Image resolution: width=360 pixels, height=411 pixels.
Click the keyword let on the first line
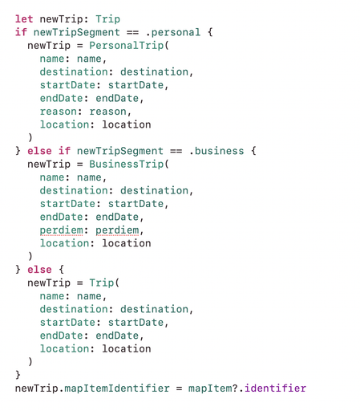pyautogui.click(x=24, y=19)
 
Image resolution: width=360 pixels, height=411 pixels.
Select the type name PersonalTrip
pyautogui.click(x=126, y=46)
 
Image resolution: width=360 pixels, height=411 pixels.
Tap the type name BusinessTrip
pyautogui.click(x=126, y=164)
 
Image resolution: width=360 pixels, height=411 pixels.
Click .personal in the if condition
pyautogui.click(x=173, y=32)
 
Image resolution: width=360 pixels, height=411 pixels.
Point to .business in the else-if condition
pyautogui.click(x=216, y=151)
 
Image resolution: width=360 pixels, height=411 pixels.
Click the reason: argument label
pyautogui.click(x=61, y=112)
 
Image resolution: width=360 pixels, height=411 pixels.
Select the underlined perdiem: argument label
pyautogui.click(x=63, y=230)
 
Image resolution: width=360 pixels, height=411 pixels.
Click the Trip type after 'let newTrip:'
pyautogui.click(x=107, y=19)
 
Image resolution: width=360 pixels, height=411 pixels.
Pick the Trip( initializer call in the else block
pyautogui.click(x=104, y=283)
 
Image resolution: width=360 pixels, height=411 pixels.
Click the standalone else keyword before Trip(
pyautogui.click(x=39, y=270)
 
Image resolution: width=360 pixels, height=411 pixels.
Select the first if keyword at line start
pyautogui.click(x=21, y=32)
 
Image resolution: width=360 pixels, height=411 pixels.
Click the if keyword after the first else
pyautogui.click(x=64, y=151)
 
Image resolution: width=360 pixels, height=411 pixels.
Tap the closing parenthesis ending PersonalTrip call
pyautogui.click(x=30, y=137)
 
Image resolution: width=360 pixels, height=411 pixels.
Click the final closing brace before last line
pyautogui.click(x=18, y=375)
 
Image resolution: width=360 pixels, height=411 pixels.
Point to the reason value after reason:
pyautogui.click(x=107, y=112)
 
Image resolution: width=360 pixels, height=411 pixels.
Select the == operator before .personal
pyautogui.click(x=132, y=32)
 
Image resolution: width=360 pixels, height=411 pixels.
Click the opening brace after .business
pyautogui.click(x=253, y=151)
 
